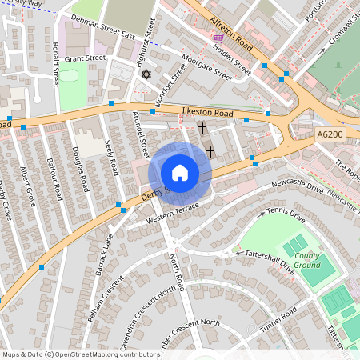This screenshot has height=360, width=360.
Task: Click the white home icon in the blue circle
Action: (x=180, y=172)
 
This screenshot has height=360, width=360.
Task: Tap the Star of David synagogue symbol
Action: (x=146, y=74)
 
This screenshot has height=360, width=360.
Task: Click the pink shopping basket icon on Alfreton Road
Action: (x=218, y=38)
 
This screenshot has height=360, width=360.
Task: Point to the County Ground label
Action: (x=306, y=260)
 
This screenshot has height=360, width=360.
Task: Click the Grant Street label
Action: (x=85, y=58)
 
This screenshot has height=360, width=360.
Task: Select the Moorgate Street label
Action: (x=206, y=70)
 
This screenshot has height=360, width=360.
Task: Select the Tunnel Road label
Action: (x=278, y=320)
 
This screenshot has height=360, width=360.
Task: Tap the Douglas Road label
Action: (x=78, y=168)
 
